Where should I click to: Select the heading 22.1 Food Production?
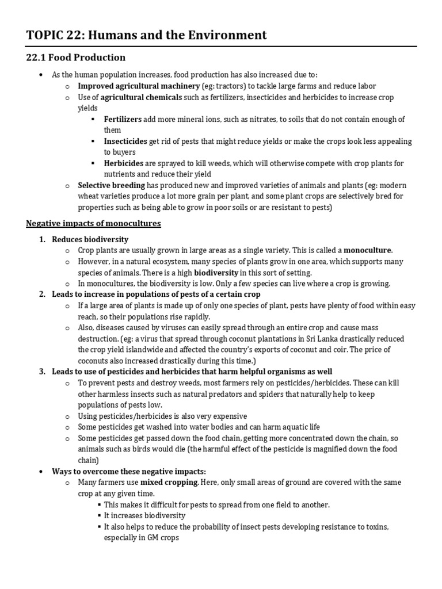click(x=76, y=58)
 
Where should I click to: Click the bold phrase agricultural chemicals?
click(x=142, y=97)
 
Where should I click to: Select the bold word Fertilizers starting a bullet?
click(x=123, y=119)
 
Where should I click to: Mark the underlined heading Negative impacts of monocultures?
click(x=93, y=223)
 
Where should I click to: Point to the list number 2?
click(x=42, y=294)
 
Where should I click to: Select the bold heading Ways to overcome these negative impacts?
click(x=129, y=471)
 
